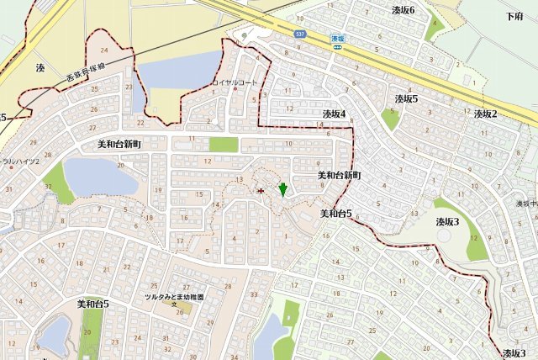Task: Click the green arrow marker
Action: [283, 189]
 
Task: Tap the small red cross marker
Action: [260, 191]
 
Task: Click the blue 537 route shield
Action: [300, 34]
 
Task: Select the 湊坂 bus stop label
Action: [338, 39]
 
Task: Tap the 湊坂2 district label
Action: [485, 114]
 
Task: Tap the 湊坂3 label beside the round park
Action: [446, 222]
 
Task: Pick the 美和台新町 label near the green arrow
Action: [339, 175]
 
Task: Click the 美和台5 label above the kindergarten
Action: [93, 304]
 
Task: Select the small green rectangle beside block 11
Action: [223, 145]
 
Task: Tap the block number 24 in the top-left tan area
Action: [104, 55]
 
